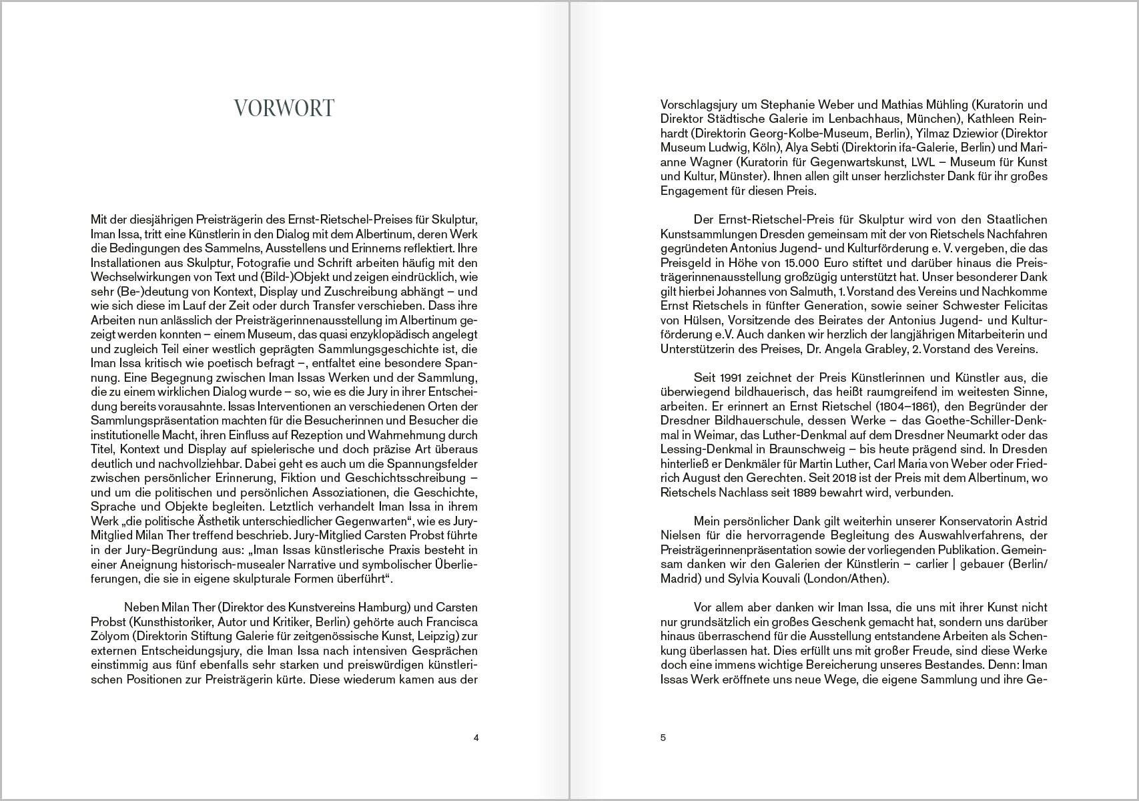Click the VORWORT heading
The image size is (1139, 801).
[284, 108]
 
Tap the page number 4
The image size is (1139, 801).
[476, 738]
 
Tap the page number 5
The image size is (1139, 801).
[663, 738]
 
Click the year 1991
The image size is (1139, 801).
[723, 378]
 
